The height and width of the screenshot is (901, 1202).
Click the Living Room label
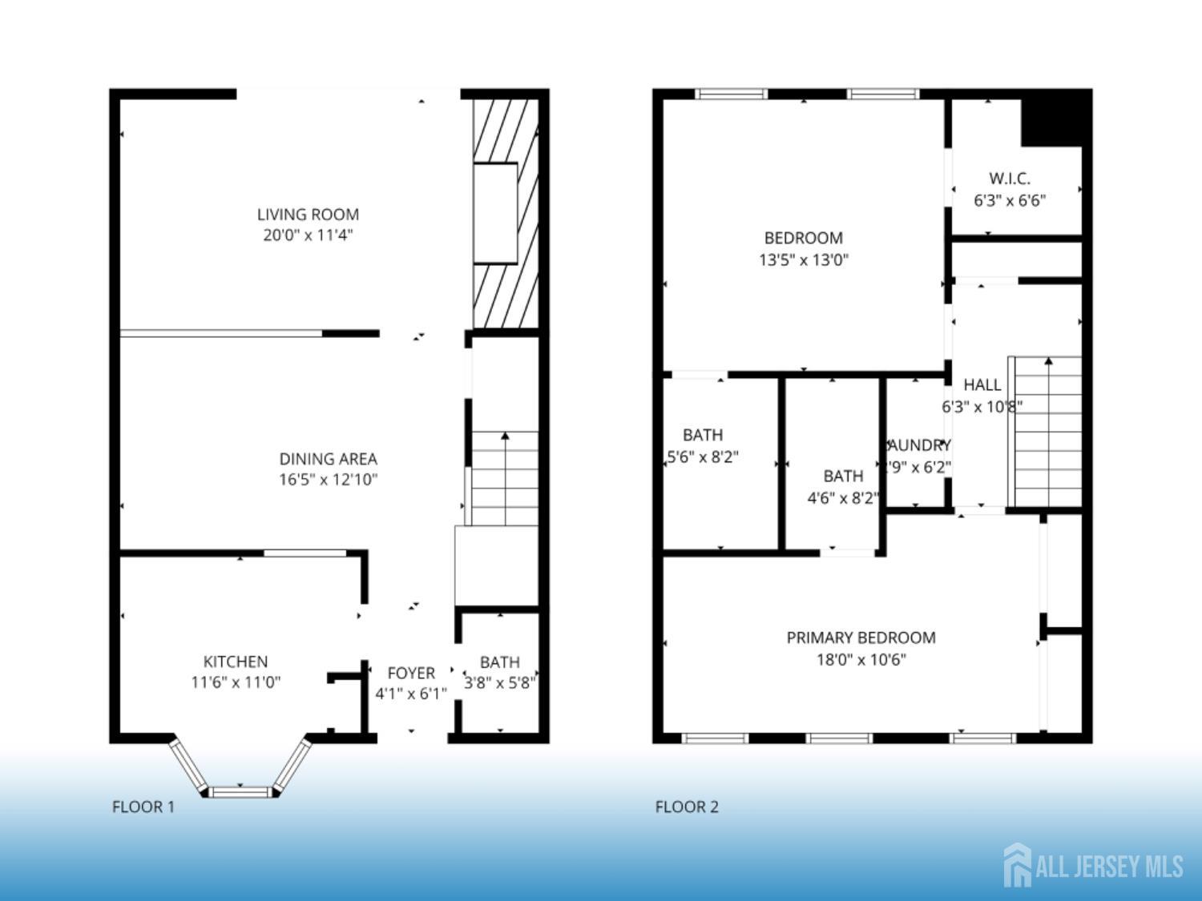[308, 215]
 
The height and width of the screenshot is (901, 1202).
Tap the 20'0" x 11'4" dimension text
[308, 235]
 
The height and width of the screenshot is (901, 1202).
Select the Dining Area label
[328, 459]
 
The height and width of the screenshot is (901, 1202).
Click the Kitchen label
[236, 662]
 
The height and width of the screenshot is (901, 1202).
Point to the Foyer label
[411, 673]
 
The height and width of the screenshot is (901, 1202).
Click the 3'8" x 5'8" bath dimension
[500, 683]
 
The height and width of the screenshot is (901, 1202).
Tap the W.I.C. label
[1009, 179]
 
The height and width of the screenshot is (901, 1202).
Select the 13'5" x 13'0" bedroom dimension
[803, 259]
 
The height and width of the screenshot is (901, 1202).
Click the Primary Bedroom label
[861, 638]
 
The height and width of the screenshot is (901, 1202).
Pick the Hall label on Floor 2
[982, 384]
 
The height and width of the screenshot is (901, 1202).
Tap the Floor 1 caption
[143, 806]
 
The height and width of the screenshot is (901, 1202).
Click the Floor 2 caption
[687, 806]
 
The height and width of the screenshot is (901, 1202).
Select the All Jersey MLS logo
[1093, 866]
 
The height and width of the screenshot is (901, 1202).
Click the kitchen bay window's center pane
[241, 791]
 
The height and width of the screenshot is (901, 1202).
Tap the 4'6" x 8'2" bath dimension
[842, 498]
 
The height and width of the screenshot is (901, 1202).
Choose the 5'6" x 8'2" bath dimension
[703, 457]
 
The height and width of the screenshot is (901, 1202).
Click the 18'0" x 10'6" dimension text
[861, 660]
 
